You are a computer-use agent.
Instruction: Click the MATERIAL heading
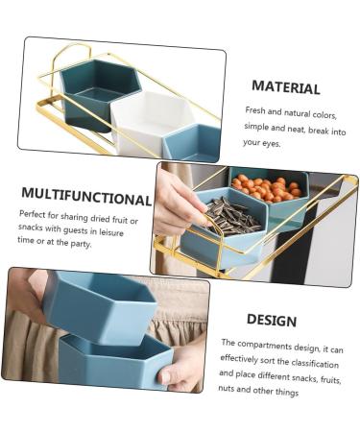[x=286, y=87]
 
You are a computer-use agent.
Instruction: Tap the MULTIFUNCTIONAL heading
[x=86, y=197]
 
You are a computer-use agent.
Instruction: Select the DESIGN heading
[x=272, y=320]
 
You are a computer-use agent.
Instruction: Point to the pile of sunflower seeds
[x=231, y=217]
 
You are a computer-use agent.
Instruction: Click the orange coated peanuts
[x=267, y=188]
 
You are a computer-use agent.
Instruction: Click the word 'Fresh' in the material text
[x=255, y=110]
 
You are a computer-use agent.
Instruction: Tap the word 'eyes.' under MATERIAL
[x=272, y=144]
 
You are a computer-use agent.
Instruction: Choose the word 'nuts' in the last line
[x=227, y=389]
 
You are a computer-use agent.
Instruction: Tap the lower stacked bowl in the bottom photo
[x=115, y=362]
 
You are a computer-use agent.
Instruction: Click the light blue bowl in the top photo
[x=192, y=142]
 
